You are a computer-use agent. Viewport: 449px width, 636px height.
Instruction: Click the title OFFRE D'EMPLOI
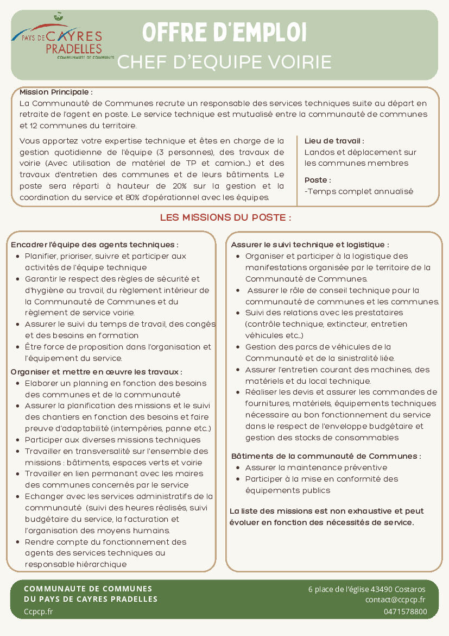224,33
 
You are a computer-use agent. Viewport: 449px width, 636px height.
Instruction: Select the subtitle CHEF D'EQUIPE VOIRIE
224,62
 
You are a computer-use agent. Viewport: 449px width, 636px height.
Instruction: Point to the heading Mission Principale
56,92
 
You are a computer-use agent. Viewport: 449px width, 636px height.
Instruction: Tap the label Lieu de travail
334,141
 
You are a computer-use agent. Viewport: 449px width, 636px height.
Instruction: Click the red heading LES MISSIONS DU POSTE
225,217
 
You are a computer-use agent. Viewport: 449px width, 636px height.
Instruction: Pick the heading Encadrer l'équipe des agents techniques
94,245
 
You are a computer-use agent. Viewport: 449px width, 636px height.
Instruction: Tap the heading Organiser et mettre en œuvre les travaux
97,372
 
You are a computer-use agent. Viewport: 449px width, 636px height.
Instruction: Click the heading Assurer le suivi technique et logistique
310,245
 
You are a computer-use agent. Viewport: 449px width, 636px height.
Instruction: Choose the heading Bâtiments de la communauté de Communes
326,456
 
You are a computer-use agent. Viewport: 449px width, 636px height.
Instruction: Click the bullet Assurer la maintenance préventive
316,467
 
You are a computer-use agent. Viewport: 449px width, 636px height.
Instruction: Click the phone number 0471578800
405,612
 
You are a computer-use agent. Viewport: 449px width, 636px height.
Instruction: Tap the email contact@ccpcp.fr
395,600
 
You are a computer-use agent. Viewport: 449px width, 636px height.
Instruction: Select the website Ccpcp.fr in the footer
38,612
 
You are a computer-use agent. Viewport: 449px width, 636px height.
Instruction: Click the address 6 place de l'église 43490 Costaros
366,589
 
